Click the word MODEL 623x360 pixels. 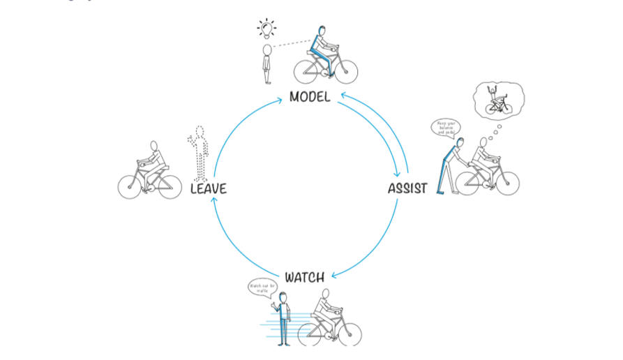[310, 96]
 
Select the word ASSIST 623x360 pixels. [407, 188]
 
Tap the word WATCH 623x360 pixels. [304, 277]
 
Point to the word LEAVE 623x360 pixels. [209, 188]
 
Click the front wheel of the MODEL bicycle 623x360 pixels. [344, 70]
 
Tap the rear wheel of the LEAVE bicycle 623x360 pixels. [130, 186]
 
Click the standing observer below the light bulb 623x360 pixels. [267, 63]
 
